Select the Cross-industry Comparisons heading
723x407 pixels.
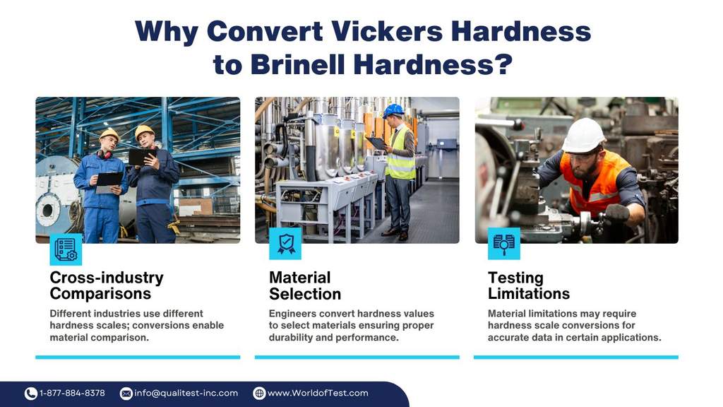pos(107,285)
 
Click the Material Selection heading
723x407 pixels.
pos(305,285)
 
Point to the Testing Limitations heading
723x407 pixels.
pos(528,285)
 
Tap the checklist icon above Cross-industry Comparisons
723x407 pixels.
pos(66,249)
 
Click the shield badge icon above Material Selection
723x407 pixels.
pos(285,244)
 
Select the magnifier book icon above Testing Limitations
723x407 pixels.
pos(504,244)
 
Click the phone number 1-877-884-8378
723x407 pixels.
pos(72,393)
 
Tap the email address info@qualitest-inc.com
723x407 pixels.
pos(186,393)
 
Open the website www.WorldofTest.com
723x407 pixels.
pos(318,393)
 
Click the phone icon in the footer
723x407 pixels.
pos(31,394)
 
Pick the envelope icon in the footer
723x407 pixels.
pos(126,394)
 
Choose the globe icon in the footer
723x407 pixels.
pos(260,394)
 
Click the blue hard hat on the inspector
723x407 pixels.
pos(393,110)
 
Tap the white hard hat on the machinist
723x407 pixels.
pos(583,135)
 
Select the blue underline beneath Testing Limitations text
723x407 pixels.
pos(576,357)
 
